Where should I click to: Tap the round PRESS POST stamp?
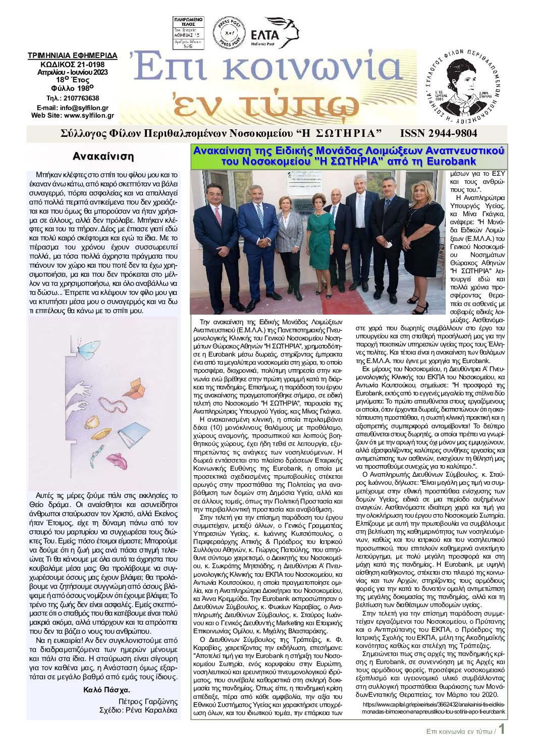229,33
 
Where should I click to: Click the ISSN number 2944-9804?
438,133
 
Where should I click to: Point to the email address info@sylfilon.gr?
84,108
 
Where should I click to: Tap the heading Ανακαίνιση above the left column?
103,156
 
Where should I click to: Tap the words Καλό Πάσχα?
106,690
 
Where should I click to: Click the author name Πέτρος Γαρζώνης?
148,701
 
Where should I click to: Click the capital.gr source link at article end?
433,708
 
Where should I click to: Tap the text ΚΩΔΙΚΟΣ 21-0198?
72,64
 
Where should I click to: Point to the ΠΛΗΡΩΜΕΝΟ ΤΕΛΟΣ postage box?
188,33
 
